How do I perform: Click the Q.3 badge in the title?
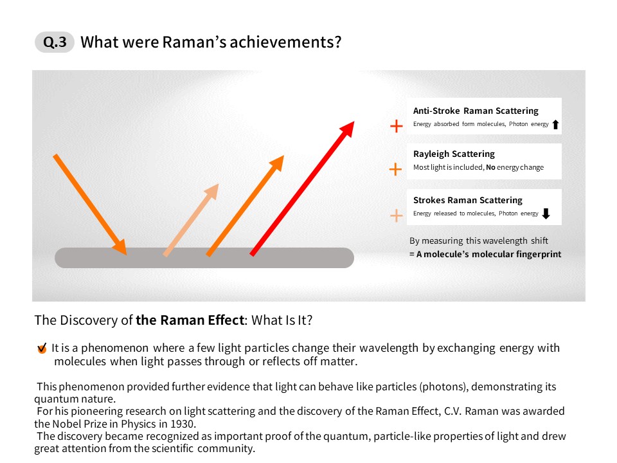(x=55, y=42)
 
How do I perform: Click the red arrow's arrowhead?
(x=346, y=129)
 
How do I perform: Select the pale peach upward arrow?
(x=191, y=220)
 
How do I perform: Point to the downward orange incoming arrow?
(x=90, y=204)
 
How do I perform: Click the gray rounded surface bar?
(x=204, y=258)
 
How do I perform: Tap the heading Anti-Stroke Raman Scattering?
(x=476, y=111)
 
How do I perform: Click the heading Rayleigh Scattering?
(x=454, y=154)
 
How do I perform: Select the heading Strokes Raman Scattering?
(x=468, y=200)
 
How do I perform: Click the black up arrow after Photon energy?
(x=555, y=124)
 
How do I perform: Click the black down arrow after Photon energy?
(x=546, y=213)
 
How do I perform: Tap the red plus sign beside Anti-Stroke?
(x=397, y=126)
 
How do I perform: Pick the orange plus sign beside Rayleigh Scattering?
(x=395, y=169)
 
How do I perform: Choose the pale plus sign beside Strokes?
(x=397, y=216)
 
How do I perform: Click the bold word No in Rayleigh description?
(x=490, y=167)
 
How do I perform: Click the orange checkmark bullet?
(x=42, y=349)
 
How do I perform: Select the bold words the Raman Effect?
(x=190, y=320)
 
